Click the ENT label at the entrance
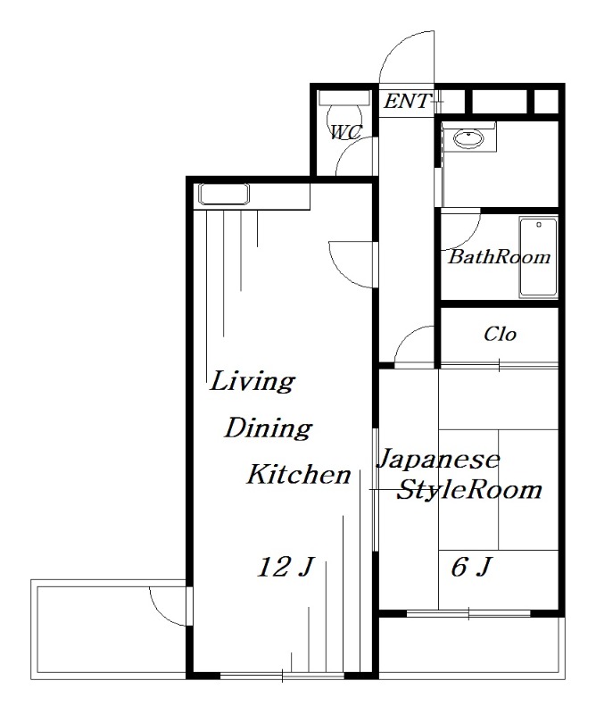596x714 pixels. point(407,101)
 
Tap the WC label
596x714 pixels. point(346,132)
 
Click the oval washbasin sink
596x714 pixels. point(468,139)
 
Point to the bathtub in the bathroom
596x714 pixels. point(539,258)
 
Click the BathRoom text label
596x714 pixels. point(500,257)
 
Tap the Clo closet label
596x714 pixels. point(500,334)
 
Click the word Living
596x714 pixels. point(252,382)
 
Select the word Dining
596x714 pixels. point(269,428)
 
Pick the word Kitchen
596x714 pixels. point(299,474)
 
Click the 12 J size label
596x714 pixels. point(285,568)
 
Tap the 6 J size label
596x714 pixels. point(471,568)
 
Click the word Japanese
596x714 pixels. point(438,459)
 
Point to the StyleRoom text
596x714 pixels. point(469,490)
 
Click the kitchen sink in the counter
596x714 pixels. point(224,194)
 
